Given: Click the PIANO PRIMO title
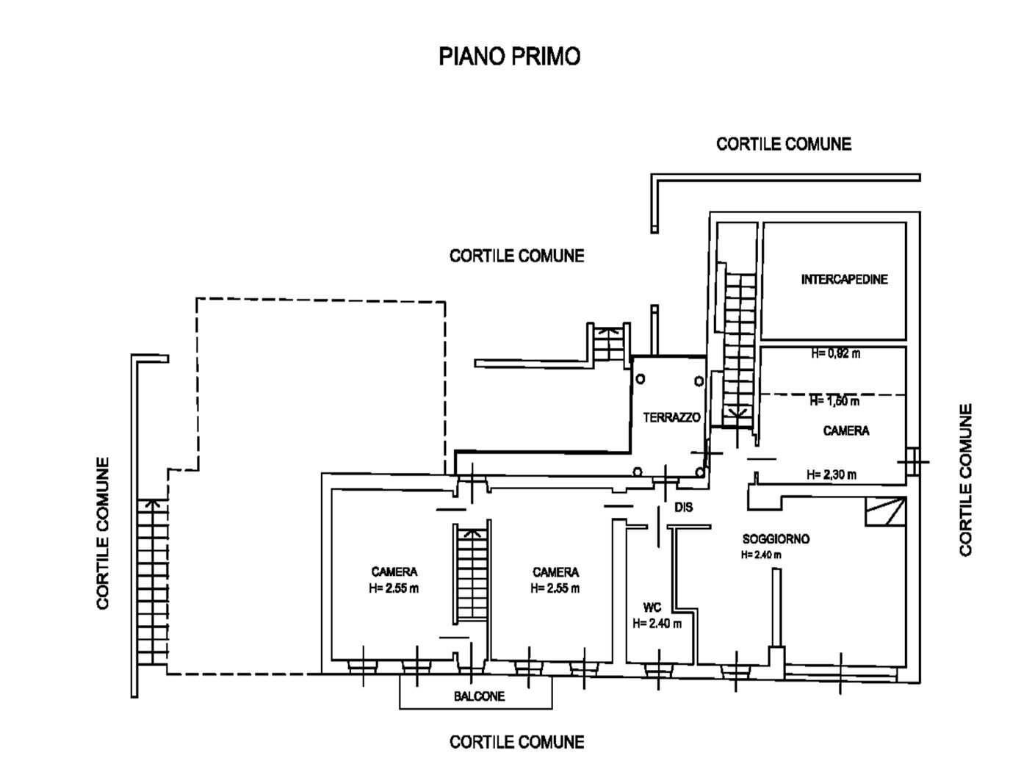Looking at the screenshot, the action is tap(509, 56).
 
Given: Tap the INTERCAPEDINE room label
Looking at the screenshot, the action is tap(844, 279).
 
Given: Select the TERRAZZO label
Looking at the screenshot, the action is tap(671, 417).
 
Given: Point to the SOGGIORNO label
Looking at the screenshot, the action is tap(776, 538).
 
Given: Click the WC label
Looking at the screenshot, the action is tap(652, 607).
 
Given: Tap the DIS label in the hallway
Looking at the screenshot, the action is tap(684, 507).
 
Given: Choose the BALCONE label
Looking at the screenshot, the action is tap(479, 696).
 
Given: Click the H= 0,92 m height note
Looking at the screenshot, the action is tap(835, 353).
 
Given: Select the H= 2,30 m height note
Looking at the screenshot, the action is tap(832, 475).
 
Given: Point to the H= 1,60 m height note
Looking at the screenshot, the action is tap(834, 401).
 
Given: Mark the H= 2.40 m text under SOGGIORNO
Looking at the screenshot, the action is tap(761, 555).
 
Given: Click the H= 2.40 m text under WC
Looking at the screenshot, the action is tap(657, 624).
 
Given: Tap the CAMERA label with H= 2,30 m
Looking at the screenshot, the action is tap(846, 430).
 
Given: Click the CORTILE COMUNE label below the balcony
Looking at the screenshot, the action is tap(517, 743).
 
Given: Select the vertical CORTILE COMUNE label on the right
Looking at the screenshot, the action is tap(965, 480).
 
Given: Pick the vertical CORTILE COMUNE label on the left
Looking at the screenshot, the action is tap(103, 533).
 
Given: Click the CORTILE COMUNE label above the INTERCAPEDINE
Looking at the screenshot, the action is tap(784, 144).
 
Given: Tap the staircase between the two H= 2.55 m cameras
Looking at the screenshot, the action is tap(470, 573).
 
